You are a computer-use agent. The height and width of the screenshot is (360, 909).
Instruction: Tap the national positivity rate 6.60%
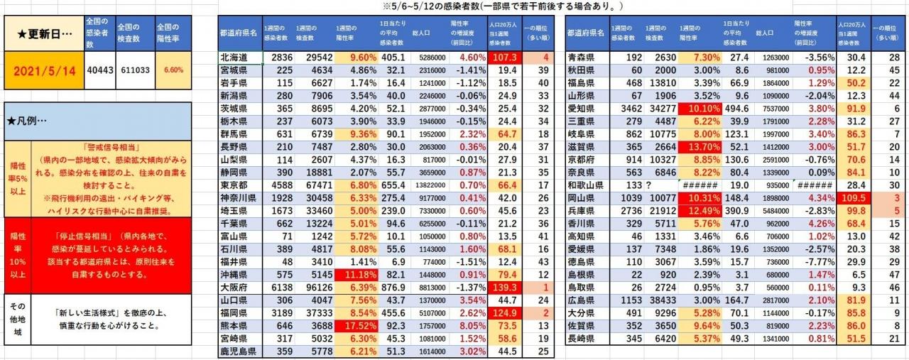click(x=173, y=71)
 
